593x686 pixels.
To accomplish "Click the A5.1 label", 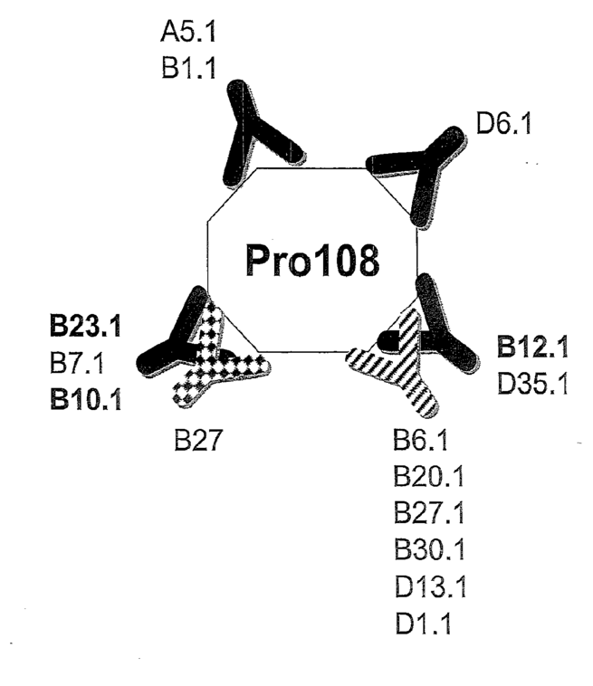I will click(188, 33).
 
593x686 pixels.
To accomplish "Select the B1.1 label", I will click(188, 69).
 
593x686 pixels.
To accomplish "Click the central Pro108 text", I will click(312, 261).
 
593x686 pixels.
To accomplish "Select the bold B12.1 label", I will click(532, 348).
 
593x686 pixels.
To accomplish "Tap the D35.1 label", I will click(532, 384).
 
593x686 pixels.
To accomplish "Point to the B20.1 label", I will click(428, 477).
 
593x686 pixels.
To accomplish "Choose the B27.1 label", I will click(428, 513).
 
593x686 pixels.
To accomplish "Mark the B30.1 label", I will click(428, 548).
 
